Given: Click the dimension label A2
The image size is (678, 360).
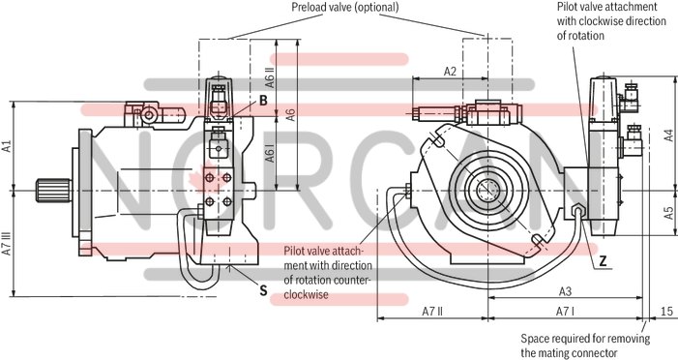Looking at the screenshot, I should pyautogui.click(x=451, y=72).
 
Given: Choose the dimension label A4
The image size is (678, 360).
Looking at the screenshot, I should pyautogui.click(x=668, y=136).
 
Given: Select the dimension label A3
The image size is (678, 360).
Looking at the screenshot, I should pyautogui.click(x=567, y=291).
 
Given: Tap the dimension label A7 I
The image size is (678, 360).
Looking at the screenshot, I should pyautogui.click(x=566, y=311).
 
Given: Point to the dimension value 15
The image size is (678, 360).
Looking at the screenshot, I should pyautogui.click(x=666, y=311).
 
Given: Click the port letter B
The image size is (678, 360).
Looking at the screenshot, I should pyautogui.click(x=262, y=100).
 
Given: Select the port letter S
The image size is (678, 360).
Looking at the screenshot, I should pyautogui.click(x=263, y=288).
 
